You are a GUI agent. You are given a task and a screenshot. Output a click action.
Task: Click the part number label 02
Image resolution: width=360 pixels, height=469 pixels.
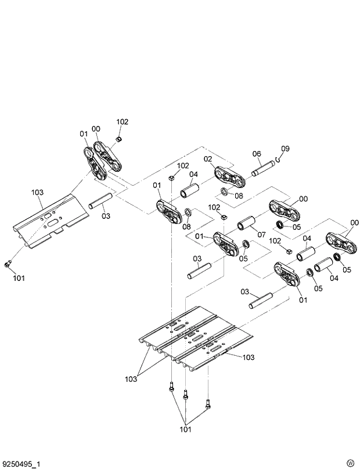click(x=207, y=159)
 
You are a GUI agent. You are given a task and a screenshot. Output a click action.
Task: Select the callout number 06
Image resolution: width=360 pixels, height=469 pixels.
click(x=256, y=154)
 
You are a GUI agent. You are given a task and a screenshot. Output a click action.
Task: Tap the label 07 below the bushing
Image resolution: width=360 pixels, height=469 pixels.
click(x=261, y=234)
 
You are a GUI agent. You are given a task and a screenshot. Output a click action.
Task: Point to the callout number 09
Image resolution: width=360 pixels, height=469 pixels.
click(x=285, y=148)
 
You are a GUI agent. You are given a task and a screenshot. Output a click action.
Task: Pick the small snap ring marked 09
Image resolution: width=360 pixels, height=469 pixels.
click(x=279, y=159)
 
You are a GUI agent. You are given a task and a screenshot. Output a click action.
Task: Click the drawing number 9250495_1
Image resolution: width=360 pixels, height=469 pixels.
click(x=21, y=464)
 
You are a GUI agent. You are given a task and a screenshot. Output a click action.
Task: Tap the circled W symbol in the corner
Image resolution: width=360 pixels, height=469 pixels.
click(x=350, y=462)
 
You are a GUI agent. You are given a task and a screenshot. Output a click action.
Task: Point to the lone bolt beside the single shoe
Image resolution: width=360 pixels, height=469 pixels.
click(x=8, y=265)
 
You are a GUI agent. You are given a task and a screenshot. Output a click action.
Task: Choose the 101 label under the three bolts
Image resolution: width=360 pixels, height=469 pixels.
click(x=185, y=430)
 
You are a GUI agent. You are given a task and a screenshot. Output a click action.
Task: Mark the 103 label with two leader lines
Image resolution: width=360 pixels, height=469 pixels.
click(x=131, y=379)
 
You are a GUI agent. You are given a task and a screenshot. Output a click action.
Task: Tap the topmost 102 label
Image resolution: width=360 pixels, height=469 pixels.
click(x=122, y=122)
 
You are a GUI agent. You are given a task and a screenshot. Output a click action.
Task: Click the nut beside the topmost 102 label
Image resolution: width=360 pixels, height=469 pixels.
click(x=118, y=139)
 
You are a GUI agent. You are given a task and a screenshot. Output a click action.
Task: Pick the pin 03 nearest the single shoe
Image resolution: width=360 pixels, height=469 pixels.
click(x=99, y=203)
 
